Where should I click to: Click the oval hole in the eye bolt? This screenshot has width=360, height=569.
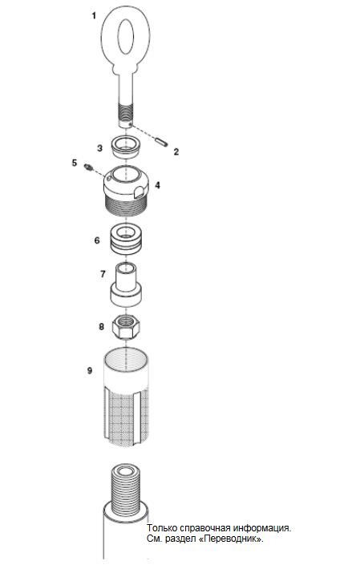(x=126, y=36)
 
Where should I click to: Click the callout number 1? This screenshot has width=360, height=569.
(x=95, y=16)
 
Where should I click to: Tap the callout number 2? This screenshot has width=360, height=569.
(x=176, y=151)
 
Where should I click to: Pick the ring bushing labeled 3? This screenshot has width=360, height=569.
(x=126, y=146)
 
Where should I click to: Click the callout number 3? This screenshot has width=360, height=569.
(x=99, y=148)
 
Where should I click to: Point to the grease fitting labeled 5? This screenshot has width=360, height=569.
(x=88, y=167)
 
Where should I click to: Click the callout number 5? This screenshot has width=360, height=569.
(x=75, y=163)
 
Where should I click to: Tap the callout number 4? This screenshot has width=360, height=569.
(x=157, y=185)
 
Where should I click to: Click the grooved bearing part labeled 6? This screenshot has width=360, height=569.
(x=126, y=239)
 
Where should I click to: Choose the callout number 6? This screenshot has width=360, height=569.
(x=97, y=240)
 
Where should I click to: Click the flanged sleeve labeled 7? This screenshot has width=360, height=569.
(x=126, y=284)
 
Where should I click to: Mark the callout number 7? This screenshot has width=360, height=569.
(x=103, y=274)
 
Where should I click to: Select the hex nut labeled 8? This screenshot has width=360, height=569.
(x=126, y=326)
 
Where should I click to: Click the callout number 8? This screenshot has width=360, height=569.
(x=102, y=327)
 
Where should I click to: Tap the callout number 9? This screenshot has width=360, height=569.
(x=90, y=370)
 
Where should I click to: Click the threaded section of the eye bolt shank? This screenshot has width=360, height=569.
(x=126, y=113)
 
